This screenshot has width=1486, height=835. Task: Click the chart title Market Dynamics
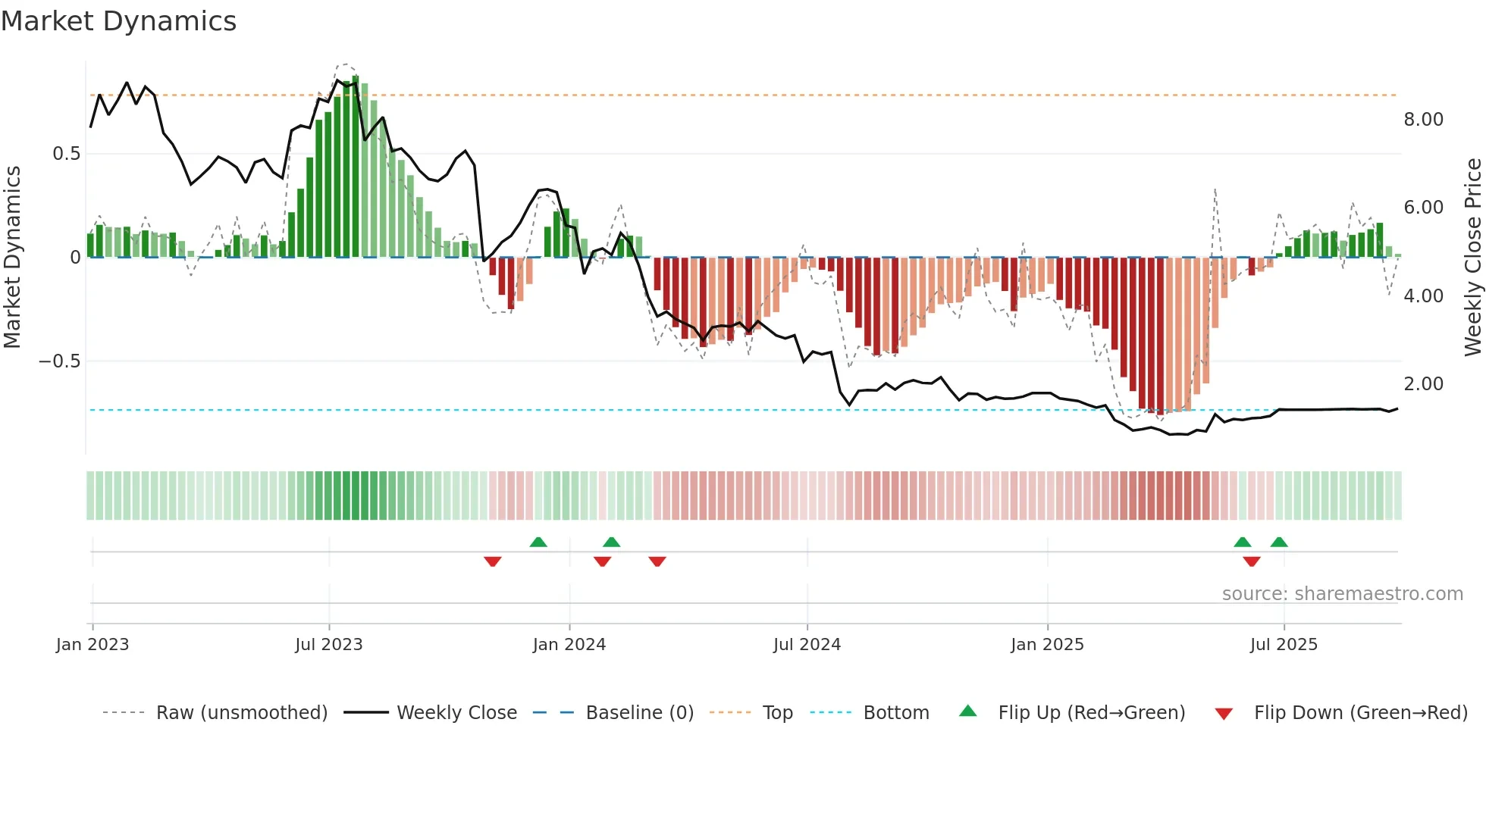(x=119, y=21)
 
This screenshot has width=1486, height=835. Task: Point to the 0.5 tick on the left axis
(x=66, y=154)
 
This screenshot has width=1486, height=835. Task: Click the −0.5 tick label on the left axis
(x=60, y=361)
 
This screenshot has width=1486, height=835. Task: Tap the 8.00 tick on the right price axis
(x=1423, y=120)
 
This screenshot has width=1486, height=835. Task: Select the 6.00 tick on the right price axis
(x=1423, y=208)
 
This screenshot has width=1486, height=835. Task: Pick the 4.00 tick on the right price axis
(x=1423, y=296)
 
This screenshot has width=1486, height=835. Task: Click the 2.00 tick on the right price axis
(x=1423, y=384)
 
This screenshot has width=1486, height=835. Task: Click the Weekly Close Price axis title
(x=1472, y=257)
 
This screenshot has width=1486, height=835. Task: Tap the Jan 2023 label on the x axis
(x=92, y=645)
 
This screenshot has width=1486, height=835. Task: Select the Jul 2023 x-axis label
(x=329, y=645)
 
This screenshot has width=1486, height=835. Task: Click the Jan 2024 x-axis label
(x=569, y=645)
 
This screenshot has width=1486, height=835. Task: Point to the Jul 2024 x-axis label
(x=807, y=645)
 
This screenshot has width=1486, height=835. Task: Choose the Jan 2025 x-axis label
(x=1047, y=645)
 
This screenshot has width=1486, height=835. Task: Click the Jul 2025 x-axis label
(x=1284, y=645)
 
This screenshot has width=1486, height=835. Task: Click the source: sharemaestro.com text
(x=1342, y=594)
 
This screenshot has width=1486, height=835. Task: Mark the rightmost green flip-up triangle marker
(x=1279, y=542)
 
